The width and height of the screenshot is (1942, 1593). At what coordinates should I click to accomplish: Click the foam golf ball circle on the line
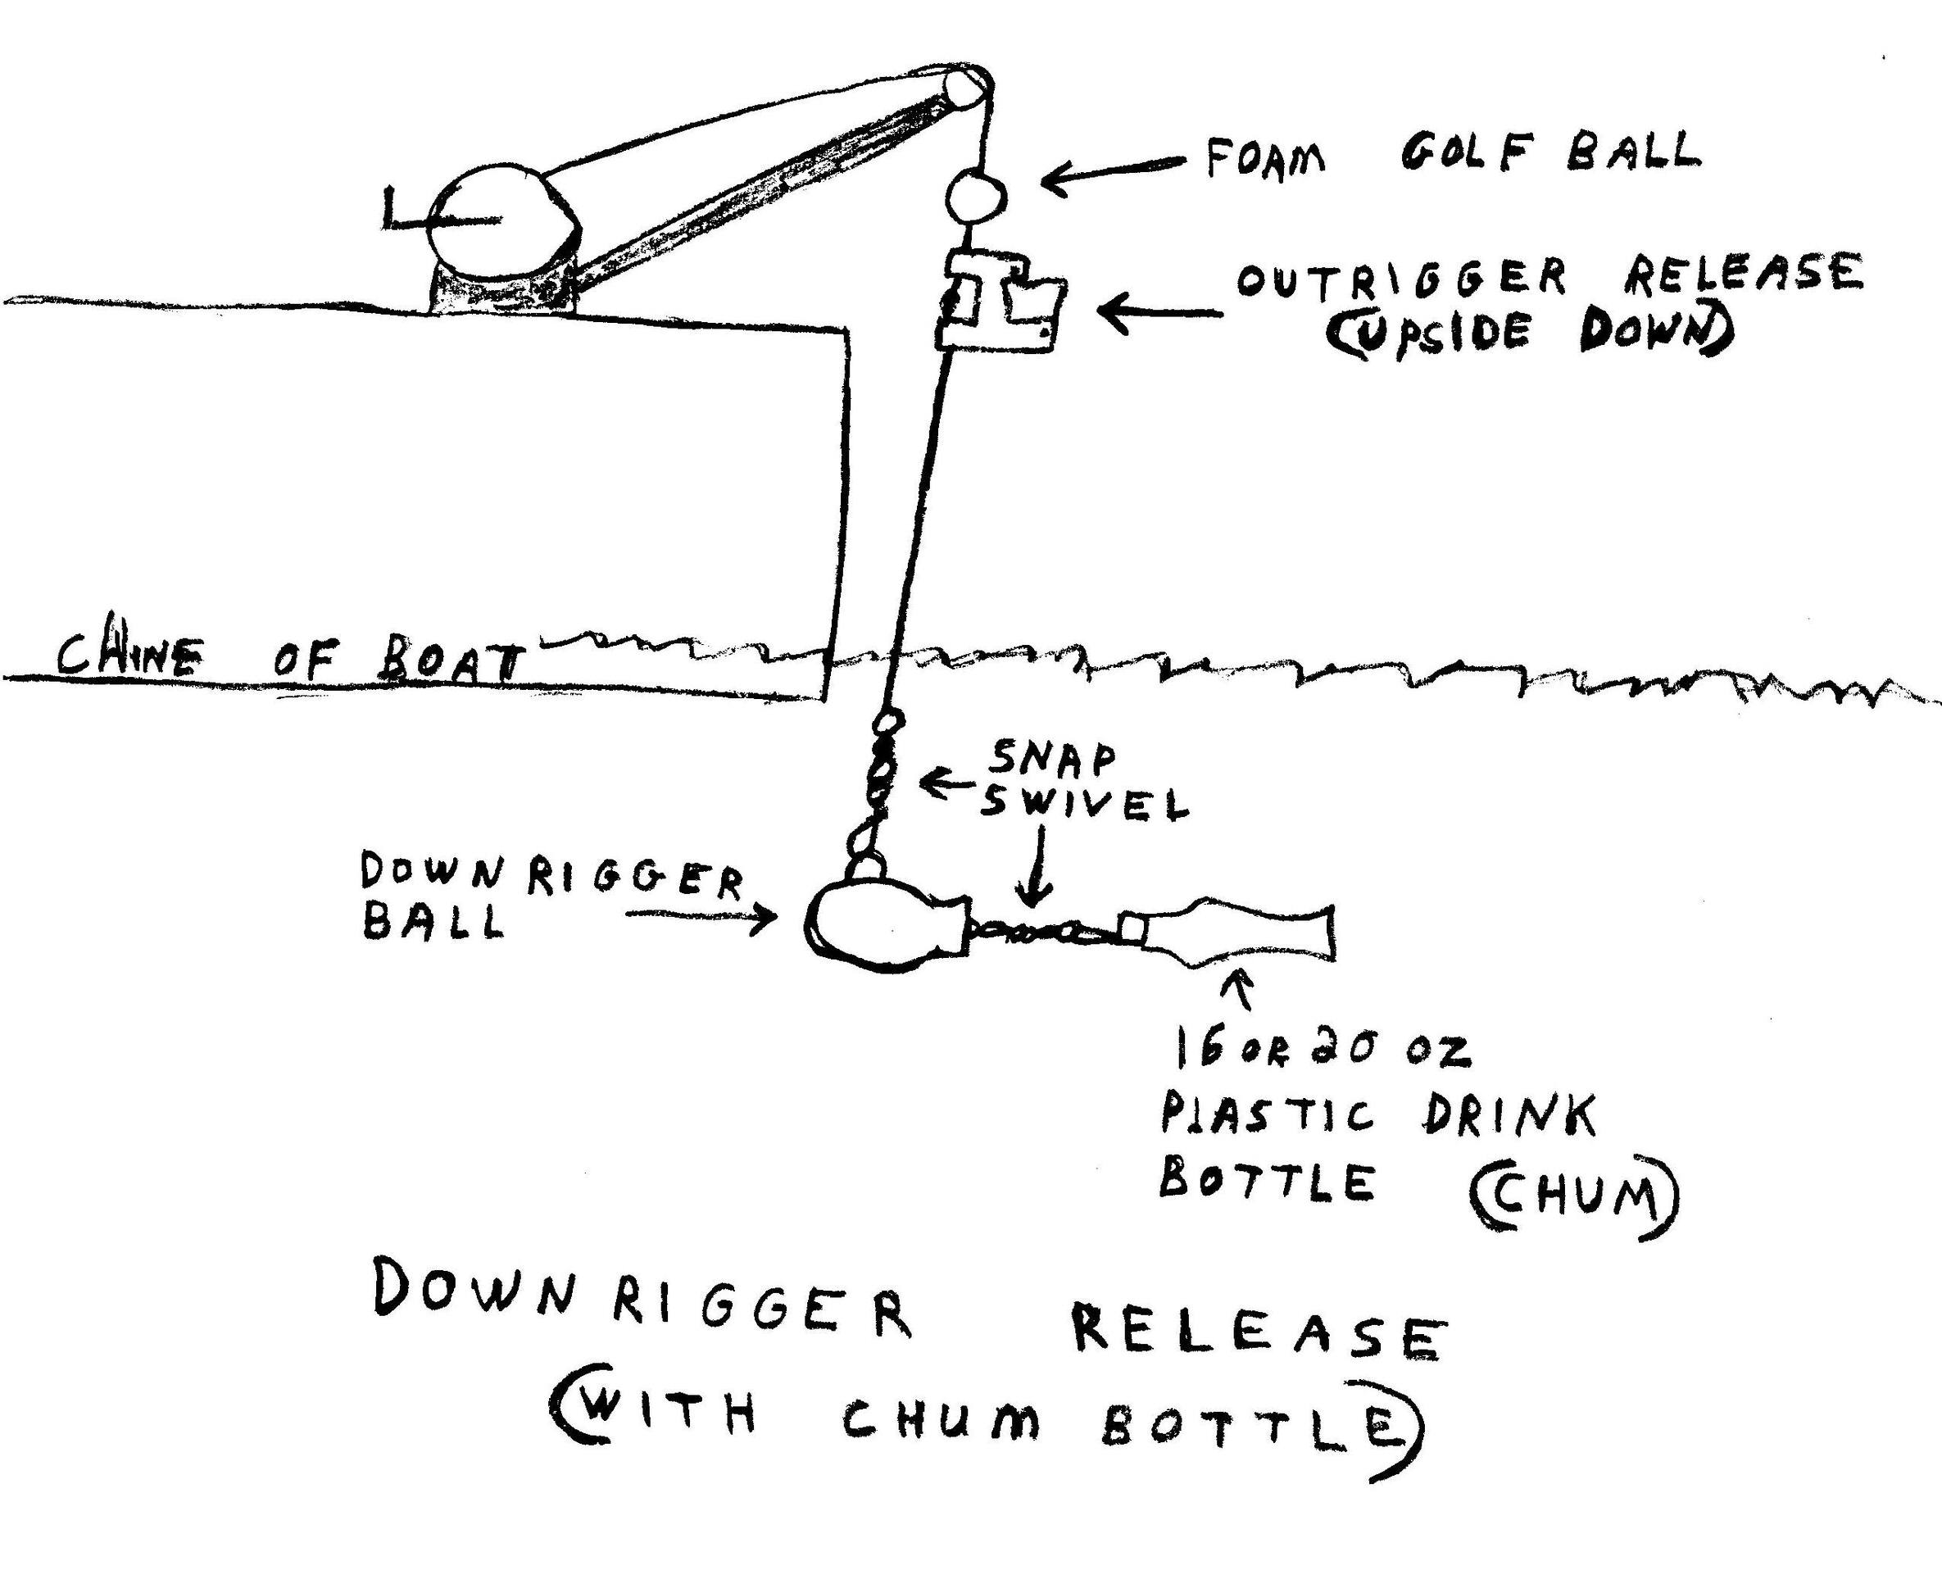975,197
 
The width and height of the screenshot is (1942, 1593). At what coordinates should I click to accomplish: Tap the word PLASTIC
1268,1116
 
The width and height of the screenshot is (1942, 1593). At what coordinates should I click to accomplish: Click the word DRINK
1509,1116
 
